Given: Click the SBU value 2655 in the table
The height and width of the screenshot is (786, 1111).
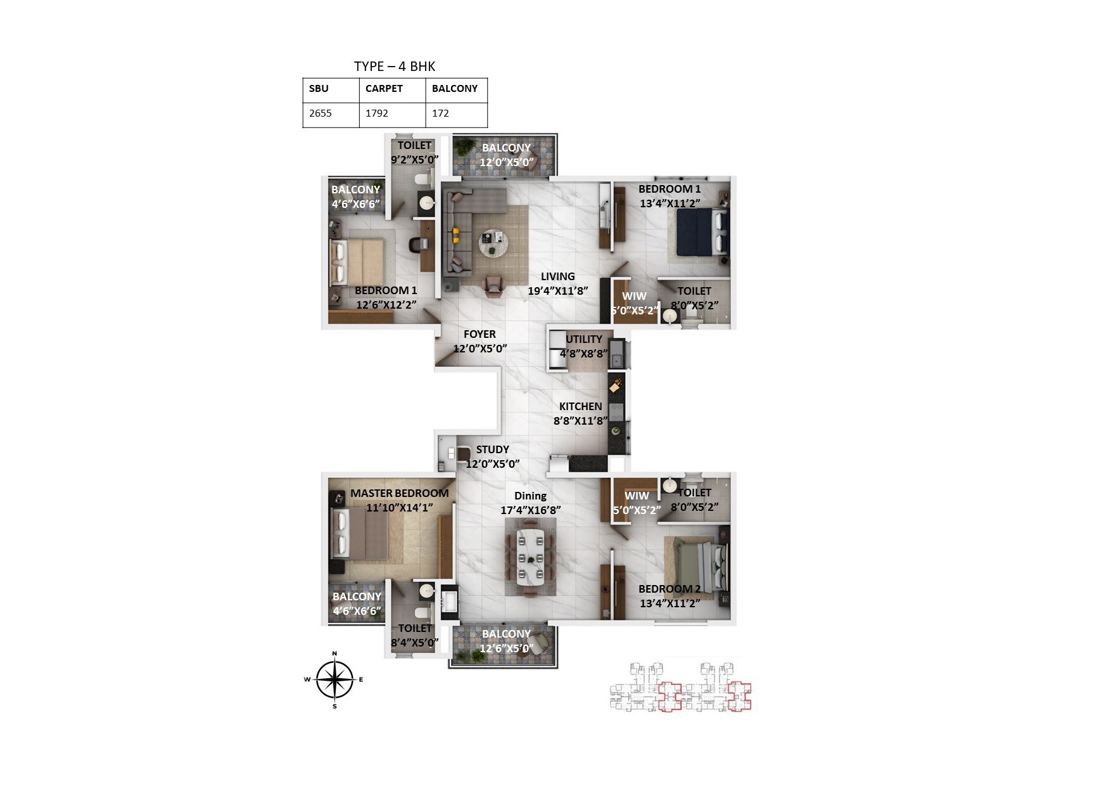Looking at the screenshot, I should pyautogui.click(x=321, y=113).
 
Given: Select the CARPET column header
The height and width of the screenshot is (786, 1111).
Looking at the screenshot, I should pyautogui.click(x=384, y=89).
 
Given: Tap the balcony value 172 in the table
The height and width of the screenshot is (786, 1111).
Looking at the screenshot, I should pyautogui.click(x=440, y=113).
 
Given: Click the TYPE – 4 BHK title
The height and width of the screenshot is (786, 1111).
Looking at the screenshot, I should pyautogui.click(x=395, y=67).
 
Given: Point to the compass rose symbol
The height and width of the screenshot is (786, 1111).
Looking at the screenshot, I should pyautogui.click(x=334, y=680).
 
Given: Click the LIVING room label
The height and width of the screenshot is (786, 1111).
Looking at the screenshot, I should pyautogui.click(x=557, y=276).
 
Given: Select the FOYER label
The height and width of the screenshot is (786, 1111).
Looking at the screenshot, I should pyautogui.click(x=479, y=334).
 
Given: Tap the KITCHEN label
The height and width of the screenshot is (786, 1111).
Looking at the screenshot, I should pyautogui.click(x=580, y=406).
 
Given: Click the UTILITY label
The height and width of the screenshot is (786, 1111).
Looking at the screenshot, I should pyautogui.click(x=583, y=339).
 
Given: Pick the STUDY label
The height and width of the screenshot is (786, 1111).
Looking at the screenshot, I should pyautogui.click(x=492, y=449).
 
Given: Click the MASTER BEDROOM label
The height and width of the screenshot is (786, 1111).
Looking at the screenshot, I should pyautogui.click(x=399, y=493).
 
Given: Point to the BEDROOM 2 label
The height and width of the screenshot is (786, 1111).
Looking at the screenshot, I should pyautogui.click(x=670, y=589).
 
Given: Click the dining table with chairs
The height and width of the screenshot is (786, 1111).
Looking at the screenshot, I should pyautogui.click(x=530, y=557).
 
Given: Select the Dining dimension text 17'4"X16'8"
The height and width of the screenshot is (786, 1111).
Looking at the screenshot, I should pyautogui.click(x=530, y=510).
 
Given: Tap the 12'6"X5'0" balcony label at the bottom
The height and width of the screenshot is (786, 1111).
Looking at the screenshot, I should pyautogui.click(x=506, y=648).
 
